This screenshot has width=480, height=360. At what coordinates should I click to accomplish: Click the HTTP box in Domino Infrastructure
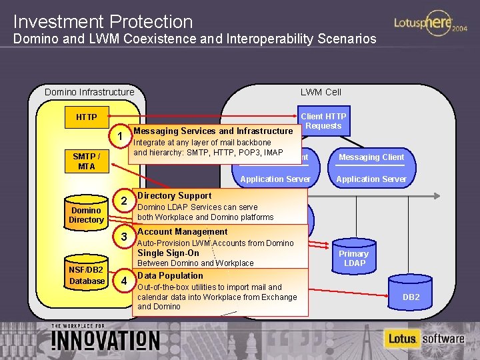tap(86, 117)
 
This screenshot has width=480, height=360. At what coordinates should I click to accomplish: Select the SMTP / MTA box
tap(87, 161)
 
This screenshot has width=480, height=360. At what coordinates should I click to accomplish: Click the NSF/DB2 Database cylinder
tap(87, 275)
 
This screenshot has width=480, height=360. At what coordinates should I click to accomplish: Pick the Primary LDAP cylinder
tap(353, 257)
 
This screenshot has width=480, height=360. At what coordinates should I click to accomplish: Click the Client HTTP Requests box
tap(323, 121)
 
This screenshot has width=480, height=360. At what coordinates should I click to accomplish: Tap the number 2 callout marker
tap(123, 202)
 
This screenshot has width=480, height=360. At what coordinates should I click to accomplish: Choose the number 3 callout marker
tap(123, 237)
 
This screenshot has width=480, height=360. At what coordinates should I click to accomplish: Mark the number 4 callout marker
tap(123, 281)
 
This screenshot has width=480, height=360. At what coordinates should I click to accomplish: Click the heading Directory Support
tap(174, 195)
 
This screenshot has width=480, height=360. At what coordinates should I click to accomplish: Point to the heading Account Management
tap(182, 232)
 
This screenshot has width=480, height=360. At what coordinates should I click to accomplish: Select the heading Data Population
tap(170, 275)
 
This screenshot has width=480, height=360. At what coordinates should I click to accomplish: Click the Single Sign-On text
tap(168, 253)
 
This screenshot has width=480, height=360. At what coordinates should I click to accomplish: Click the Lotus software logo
tap(424, 339)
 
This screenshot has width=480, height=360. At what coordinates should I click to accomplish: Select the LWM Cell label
tap(321, 92)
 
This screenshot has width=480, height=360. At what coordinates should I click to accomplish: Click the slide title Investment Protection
tap(103, 22)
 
